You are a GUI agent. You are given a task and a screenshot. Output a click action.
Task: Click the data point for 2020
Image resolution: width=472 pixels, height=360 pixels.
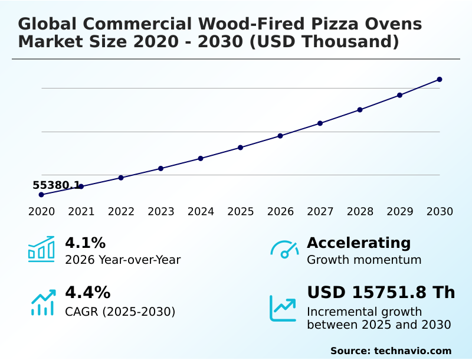point(41,195)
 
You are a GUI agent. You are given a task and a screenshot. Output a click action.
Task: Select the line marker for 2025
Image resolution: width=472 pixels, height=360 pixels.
point(241,148)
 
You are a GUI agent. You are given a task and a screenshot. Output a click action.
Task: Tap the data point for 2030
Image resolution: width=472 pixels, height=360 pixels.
point(440,79)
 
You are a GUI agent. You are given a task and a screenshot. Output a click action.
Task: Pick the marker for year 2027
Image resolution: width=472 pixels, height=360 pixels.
point(320,123)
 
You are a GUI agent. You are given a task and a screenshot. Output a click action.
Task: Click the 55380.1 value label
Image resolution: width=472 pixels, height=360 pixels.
point(56,185)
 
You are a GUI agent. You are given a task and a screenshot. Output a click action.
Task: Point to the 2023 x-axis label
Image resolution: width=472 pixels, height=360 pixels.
point(161,212)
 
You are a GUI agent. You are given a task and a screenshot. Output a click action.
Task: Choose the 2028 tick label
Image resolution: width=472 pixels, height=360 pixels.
point(360,212)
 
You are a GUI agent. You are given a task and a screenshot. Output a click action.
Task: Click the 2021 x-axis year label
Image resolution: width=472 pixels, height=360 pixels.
point(81,212)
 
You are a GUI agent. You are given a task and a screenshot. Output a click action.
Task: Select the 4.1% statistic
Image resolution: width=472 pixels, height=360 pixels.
point(85,243)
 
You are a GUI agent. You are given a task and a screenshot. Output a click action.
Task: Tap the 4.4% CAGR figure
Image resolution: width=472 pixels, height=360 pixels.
point(87,293)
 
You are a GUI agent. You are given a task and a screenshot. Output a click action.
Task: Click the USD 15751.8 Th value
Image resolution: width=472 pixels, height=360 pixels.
point(381,293)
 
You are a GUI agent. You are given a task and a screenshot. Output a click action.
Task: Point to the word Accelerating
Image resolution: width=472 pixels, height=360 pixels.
point(359,243)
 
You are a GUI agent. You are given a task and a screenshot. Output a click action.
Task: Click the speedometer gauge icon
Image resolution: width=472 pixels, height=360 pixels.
point(284,250)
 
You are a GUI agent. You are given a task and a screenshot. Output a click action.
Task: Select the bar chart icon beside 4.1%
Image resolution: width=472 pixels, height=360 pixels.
point(41,249)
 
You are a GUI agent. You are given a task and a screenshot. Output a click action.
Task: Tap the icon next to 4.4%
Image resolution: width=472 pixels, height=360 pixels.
point(42,302)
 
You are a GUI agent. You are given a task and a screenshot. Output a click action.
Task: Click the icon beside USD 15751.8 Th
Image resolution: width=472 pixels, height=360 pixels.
point(283,308)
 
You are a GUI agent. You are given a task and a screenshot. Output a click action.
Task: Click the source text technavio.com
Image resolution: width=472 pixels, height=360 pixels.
point(412,351)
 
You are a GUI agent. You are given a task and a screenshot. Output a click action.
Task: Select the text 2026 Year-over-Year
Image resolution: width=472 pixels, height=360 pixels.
point(123,260)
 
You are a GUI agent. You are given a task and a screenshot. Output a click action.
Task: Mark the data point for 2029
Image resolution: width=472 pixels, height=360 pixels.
point(399,95)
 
